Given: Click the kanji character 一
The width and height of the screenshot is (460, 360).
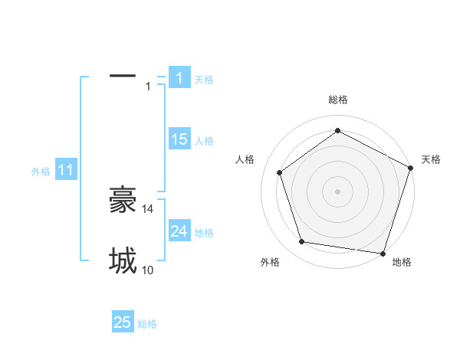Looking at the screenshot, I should click(x=123, y=76).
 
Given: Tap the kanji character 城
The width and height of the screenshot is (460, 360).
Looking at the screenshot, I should click(x=123, y=260).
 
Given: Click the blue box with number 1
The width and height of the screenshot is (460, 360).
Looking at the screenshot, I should click(x=179, y=78).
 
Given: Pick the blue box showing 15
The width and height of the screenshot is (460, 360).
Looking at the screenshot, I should click(x=179, y=139).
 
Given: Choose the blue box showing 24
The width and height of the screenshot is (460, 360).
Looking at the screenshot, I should click(x=179, y=231).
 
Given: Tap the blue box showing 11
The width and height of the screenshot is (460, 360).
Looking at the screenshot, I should click(x=65, y=171).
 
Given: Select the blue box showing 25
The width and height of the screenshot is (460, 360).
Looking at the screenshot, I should click(x=123, y=322).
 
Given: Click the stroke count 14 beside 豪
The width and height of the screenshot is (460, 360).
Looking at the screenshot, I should click(x=148, y=208).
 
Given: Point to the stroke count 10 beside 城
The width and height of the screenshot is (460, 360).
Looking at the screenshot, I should click(x=148, y=270).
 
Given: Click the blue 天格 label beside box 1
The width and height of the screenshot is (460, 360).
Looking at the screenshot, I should click(x=204, y=80).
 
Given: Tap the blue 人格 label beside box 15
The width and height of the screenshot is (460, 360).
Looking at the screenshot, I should click(x=204, y=141).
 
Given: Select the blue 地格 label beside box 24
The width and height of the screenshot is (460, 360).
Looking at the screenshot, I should click(x=204, y=233).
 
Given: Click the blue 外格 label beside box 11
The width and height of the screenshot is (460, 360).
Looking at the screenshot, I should click(x=41, y=172).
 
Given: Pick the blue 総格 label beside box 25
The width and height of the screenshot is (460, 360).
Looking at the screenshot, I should click(x=147, y=324).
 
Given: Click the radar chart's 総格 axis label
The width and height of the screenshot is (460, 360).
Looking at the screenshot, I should click(x=337, y=100).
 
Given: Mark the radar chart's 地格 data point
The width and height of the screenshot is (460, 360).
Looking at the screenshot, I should click(x=383, y=253).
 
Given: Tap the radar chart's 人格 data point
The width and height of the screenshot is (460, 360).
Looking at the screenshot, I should click(x=280, y=172).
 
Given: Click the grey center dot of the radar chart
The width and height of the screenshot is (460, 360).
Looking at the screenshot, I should click(x=337, y=191).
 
